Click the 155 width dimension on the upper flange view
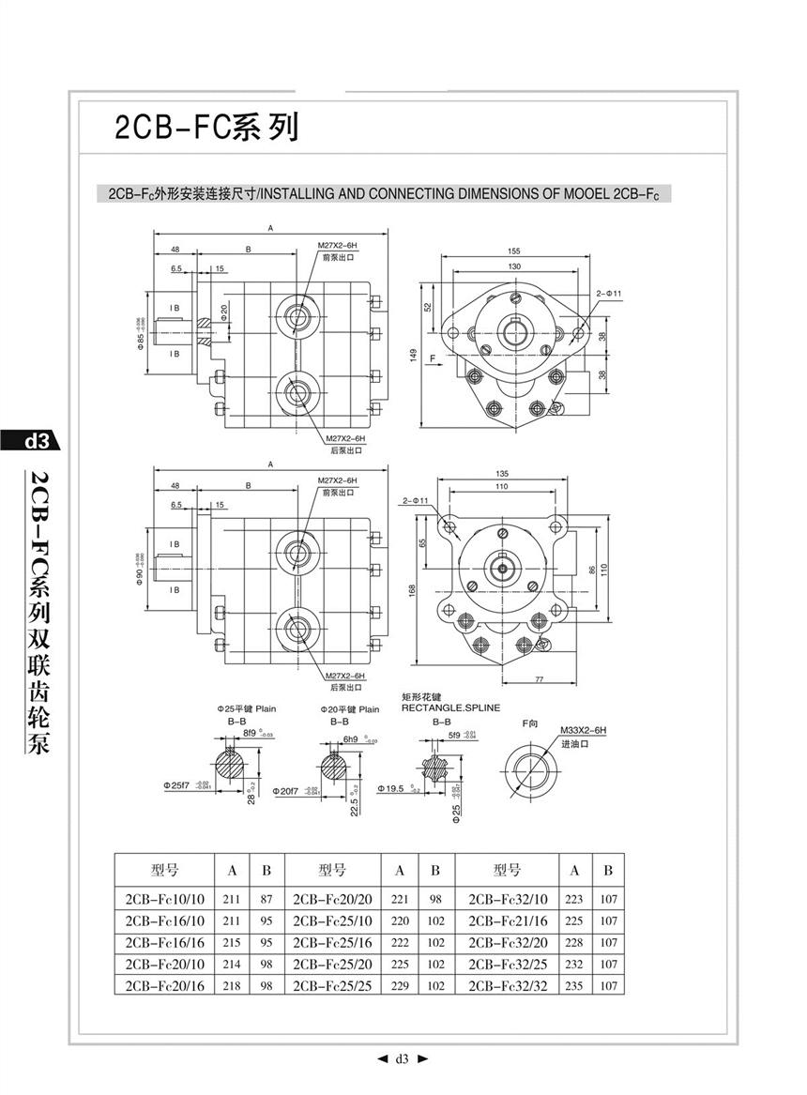click(514, 251)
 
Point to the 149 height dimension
click(413, 354)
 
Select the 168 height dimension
click(414, 589)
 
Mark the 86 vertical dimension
click(590, 570)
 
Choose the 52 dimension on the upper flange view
click(428, 307)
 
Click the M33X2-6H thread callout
click(584, 730)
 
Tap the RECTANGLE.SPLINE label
click(450, 707)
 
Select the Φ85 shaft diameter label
click(139, 333)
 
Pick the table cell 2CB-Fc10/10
click(164, 898)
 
